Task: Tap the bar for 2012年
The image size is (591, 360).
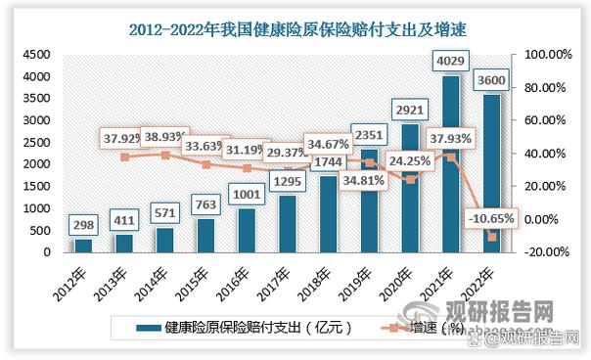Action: [82, 245]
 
